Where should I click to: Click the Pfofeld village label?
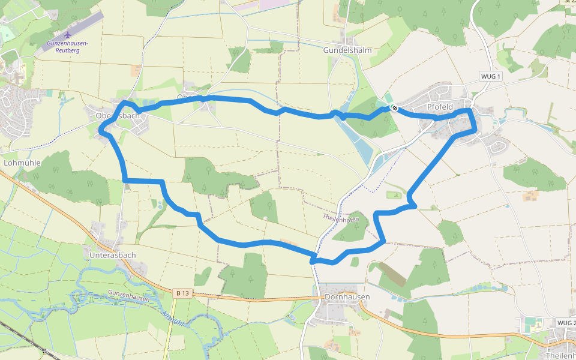point(439,107)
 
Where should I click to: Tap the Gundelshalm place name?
point(348,50)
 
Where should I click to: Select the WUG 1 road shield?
point(491,77)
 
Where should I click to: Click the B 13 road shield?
point(183,293)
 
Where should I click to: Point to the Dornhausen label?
point(347,297)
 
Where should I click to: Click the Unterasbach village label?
point(112,255)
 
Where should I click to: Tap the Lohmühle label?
point(21,163)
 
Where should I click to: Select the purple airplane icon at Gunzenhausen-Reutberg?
point(67,34)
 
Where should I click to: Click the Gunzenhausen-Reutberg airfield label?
point(68,47)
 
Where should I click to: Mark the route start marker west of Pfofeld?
point(394,107)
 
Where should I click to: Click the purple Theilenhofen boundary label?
point(341,218)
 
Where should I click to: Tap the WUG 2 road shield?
point(566,323)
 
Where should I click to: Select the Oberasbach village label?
point(118,115)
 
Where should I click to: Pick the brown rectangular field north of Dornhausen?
point(393,274)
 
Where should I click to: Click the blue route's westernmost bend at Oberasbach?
point(100,128)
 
